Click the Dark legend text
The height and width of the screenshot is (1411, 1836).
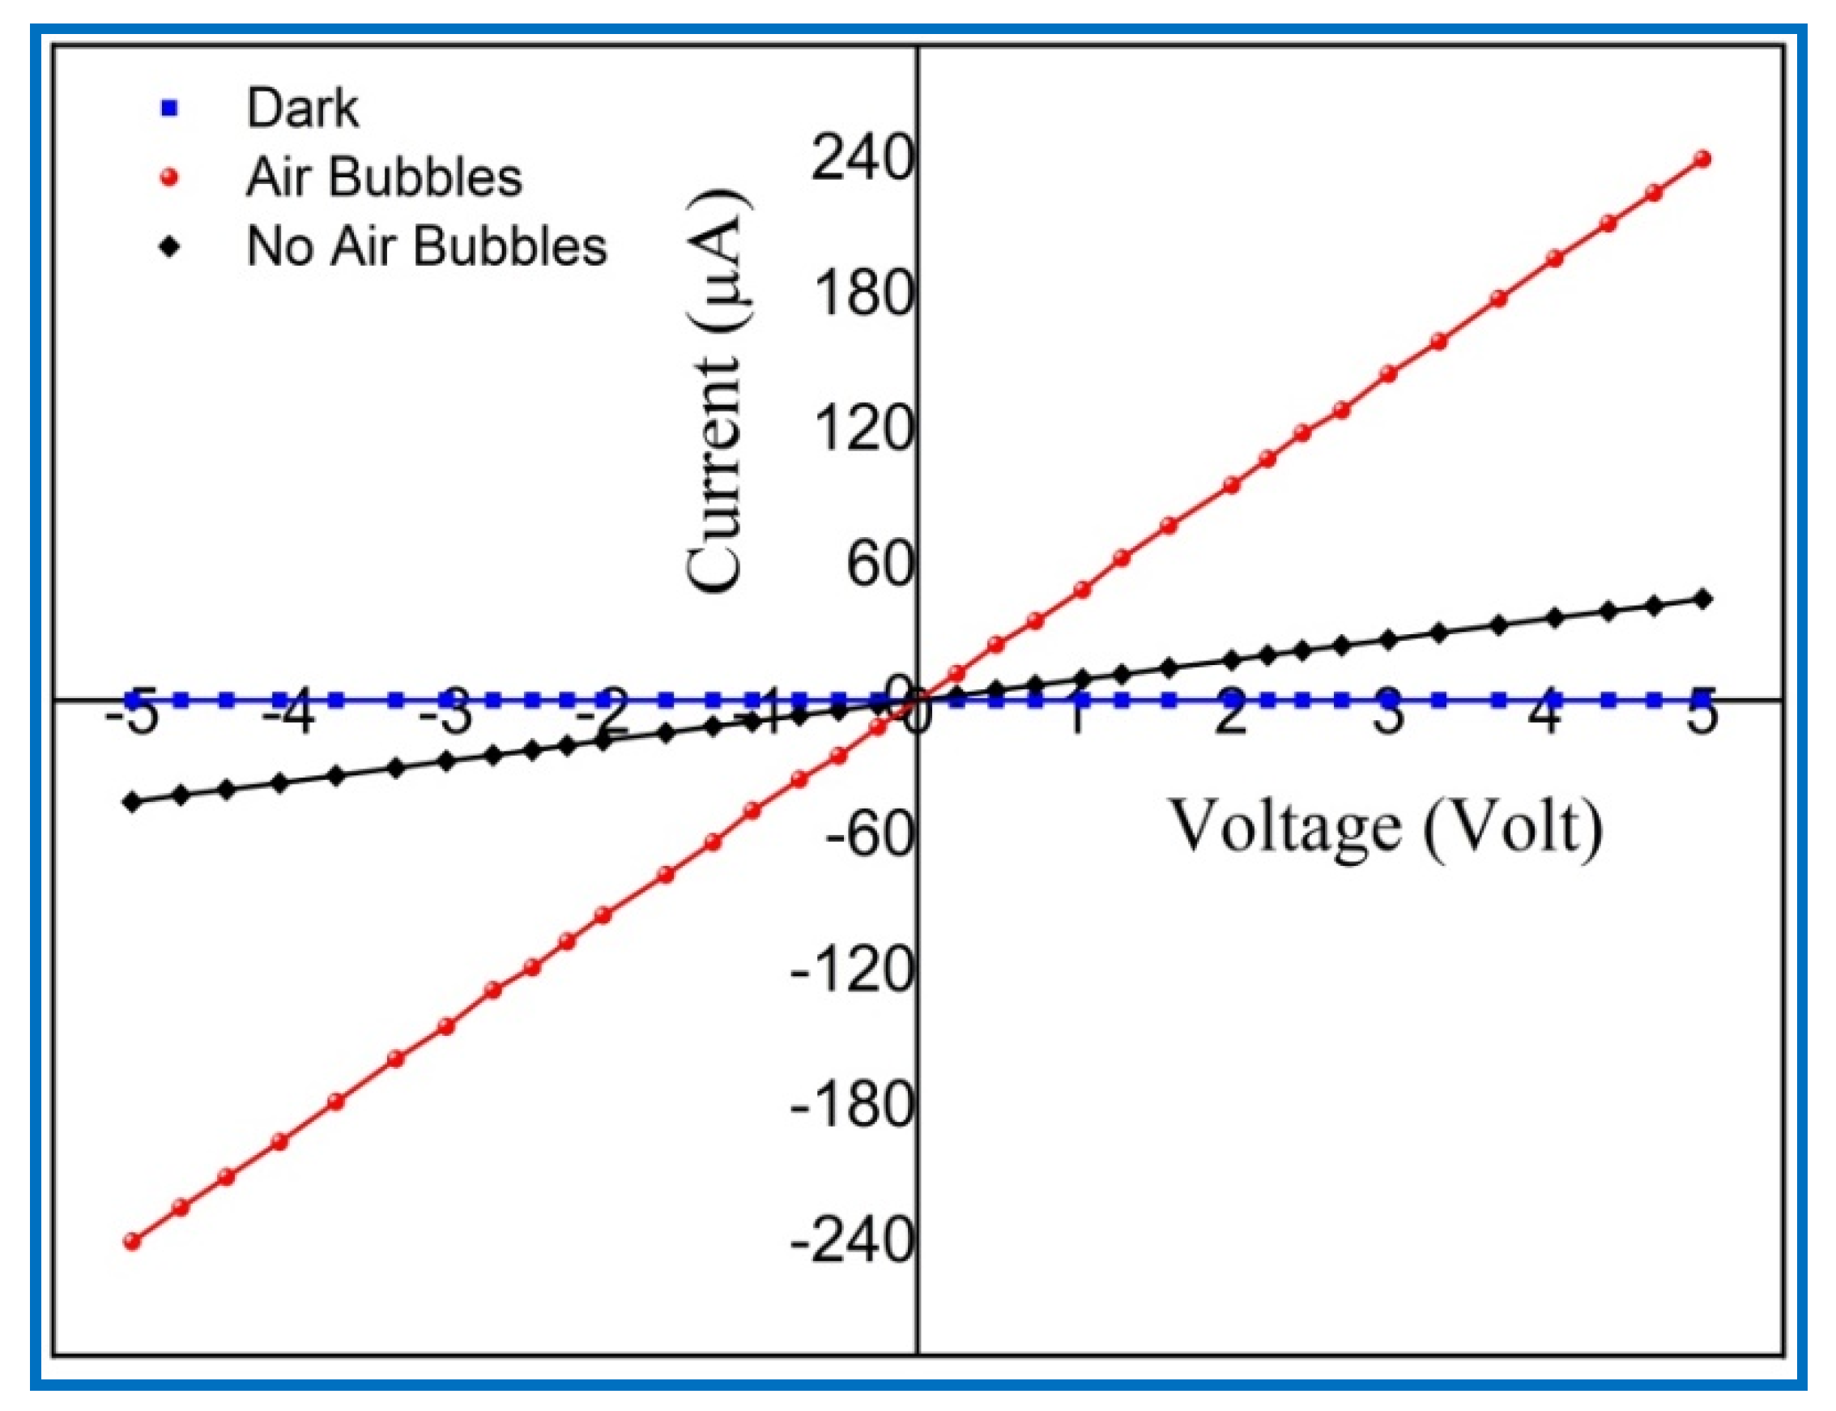[x=302, y=109]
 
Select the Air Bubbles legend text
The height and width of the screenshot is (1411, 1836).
[x=384, y=177]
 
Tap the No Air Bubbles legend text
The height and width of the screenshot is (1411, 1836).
[x=427, y=246]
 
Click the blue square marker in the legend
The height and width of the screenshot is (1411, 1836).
[x=171, y=109]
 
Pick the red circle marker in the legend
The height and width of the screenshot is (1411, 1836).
[x=171, y=177]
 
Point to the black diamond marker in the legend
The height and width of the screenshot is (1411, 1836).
[x=171, y=246]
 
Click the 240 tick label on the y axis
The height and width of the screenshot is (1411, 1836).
[x=861, y=159]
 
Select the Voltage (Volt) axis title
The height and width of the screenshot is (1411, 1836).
[x=1386, y=827]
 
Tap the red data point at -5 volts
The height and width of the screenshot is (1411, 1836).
[x=132, y=1242]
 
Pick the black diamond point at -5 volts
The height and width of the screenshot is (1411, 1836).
[x=132, y=801]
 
